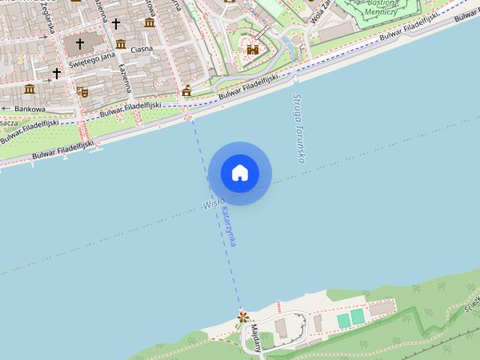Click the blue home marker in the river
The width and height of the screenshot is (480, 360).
[240, 173]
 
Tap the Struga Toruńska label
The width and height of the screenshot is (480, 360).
[301, 128]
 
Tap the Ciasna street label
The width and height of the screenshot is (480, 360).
[141, 49]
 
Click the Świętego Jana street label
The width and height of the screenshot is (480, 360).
[91, 61]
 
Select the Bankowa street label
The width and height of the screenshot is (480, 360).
[29, 109]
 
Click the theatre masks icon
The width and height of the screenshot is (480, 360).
[82, 91]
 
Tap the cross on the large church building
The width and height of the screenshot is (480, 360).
[79, 44]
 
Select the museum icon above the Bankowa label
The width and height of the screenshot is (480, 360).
[29, 89]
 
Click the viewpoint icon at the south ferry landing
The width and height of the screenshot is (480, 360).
[242, 317]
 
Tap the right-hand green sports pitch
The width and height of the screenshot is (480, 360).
[358, 317]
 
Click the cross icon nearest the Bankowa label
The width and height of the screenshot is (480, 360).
[56, 73]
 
